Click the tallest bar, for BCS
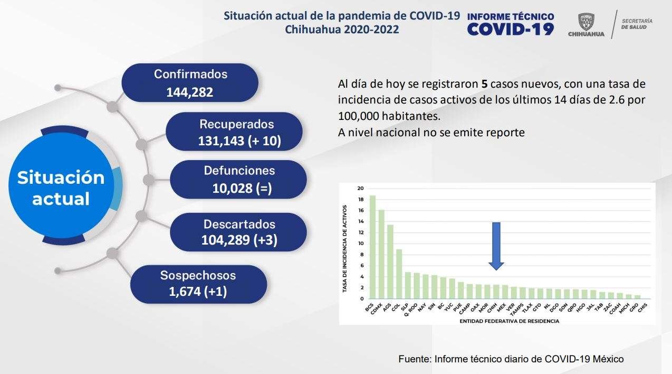pos(372,247)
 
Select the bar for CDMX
pos(381,254)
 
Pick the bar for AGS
pos(390,261)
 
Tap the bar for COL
pos(399,274)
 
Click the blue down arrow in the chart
pos(496,246)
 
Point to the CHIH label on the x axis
pos(492,308)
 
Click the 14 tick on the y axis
pos(360,221)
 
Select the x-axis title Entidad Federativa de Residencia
pos(509,321)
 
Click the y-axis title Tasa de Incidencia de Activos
pos(344,249)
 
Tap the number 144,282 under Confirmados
pos(189,92)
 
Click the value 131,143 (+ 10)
pos(239,141)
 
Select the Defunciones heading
pos(239,171)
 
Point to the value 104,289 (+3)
pos(239,240)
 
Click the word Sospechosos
pos(198,275)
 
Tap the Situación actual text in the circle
pos(61,188)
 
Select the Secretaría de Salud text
pos(637,24)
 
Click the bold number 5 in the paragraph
pos(485,84)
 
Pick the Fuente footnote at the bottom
pos(511,359)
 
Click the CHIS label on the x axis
pos(643,307)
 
